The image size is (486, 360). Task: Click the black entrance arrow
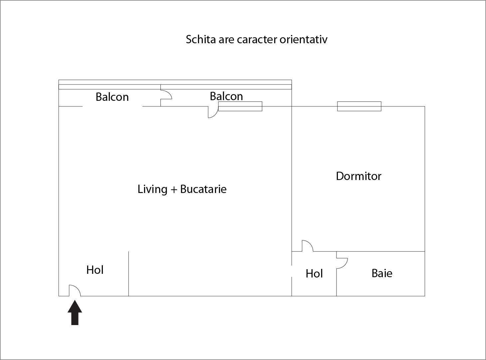[x=75, y=313]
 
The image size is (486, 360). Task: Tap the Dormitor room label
[x=359, y=176]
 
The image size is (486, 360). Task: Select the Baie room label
[x=382, y=273]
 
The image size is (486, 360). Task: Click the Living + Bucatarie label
[x=182, y=189]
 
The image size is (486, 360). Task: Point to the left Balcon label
[x=112, y=97]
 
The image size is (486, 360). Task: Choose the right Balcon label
[x=226, y=96]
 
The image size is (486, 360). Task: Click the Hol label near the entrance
[x=95, y=270]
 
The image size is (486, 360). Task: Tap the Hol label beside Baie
[x=314, y=273]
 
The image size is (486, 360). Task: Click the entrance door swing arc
[x=75, y=290]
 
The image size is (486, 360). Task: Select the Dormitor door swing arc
[x=308, y=246]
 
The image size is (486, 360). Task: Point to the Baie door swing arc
[x=342, y=263]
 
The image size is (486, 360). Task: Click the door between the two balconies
[x=166, y=95]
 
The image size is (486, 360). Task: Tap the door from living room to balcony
[x=213, y=112]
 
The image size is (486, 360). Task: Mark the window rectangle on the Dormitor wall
[x=359, y=106]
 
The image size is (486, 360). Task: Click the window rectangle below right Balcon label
[x=240, y=106]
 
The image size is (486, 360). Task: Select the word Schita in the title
[x=201, y=40]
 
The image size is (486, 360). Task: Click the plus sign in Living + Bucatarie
[x=174, y=190]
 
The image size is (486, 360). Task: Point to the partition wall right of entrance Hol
[x=128, y=274]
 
